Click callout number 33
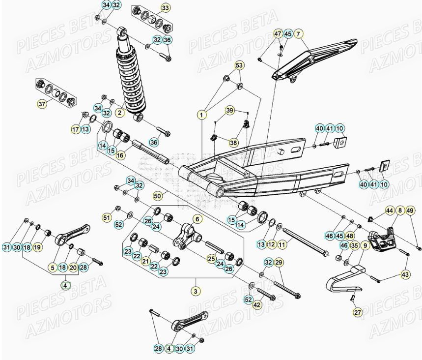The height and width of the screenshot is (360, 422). pyautogui.click(x=165, y=8)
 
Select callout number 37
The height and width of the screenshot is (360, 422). pyautogui.click(x=42, y=104)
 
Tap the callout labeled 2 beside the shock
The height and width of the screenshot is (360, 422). pyautogui.click(x=119, y=113)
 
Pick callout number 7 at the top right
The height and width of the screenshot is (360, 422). pyautogui.click(x=299, y=34)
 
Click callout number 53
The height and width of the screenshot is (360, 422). pyautogui.click(x=239, y=65)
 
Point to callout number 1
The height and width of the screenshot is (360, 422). pyautogui.click(x=201, y=115)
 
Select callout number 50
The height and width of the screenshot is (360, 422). pyautogui.click(x=158, y=195)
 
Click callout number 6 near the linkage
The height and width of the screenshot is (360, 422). pyautogui.click(x=197, y=218)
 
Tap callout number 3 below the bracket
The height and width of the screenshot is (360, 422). pyautogui.click(x=195, y=292)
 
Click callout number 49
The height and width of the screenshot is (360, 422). pyautogui.click(x=411, y=210)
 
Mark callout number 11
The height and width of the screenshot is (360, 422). pyautogui.click(x=281, y=244)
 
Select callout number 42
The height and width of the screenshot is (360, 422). pyautogui.click(x=257, y=305)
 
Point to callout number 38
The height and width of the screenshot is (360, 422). pyautogui.click(x=233, y=143)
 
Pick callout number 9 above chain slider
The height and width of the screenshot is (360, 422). pyautogui.click(x=365, y=245)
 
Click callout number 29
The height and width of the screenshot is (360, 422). pyautogui.click(x=279, y=262)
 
